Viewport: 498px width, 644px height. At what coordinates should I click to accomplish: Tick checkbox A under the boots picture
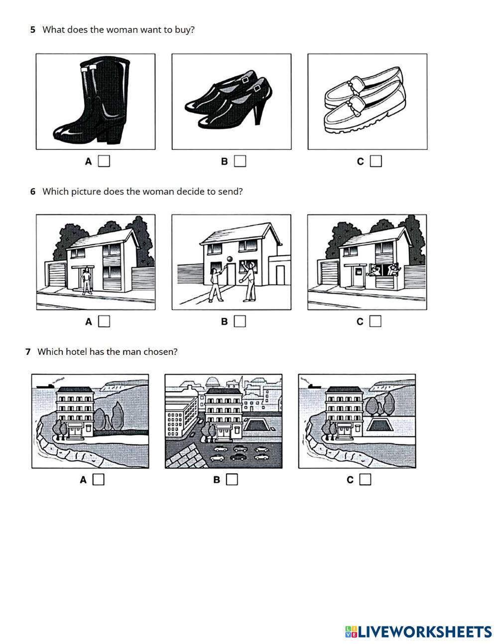(x=104, y=161)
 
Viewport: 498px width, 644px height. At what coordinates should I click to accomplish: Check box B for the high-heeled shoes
(x=240, y=161)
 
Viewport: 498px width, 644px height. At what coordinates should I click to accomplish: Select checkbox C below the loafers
(x=376, y=161)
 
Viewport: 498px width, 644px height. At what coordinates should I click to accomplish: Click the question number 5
(x=32, y=30)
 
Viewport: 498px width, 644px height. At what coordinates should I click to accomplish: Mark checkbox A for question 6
(x=104, y=322)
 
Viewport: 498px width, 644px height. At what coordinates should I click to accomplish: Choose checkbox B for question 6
(x=240, y=322)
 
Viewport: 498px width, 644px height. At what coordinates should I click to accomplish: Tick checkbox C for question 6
(x=375, y=322)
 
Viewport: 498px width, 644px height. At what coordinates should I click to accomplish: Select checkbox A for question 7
(x=99, y=480)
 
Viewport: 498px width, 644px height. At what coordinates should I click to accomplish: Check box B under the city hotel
(x=232, y=480)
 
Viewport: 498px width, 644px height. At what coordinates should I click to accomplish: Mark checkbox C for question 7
(x=366, y=480)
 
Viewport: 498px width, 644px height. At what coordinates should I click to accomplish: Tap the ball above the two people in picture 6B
(x=230, y=260)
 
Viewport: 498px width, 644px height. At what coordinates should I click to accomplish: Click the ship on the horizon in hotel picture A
(x=45, y=386)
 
